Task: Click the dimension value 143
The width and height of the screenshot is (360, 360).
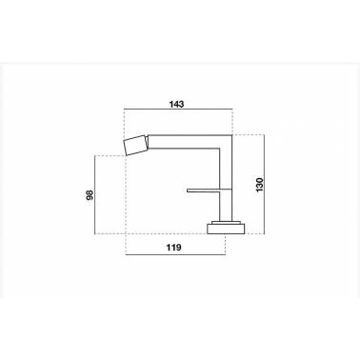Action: tap(176, 104)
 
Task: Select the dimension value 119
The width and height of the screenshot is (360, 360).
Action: tap(174, 248)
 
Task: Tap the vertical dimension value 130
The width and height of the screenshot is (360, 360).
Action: tap(259, 185)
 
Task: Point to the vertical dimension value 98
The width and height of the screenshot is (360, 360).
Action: tap(90, 195)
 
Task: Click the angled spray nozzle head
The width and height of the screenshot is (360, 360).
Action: tap(136, 146)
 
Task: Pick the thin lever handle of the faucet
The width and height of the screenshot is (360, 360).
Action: tap(210, 190)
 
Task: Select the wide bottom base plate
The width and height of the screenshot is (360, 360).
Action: tap(226, 229)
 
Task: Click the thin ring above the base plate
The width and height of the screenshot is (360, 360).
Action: tap(226, 222)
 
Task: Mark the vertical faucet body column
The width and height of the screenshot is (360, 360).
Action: tap(226, 178)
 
